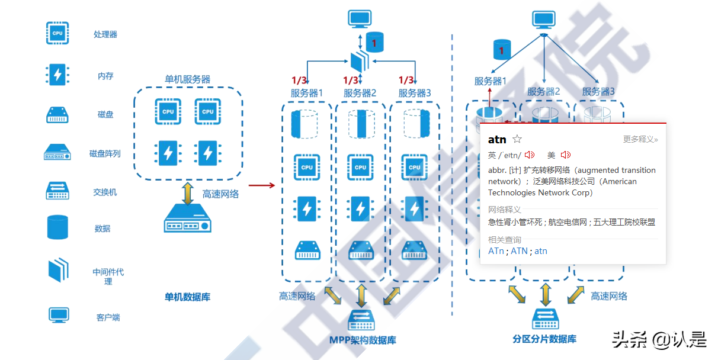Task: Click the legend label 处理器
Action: [x=105, y=34]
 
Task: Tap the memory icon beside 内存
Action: [x=57, y=75]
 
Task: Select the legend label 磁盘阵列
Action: [x=105, y=153]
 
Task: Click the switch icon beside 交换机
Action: [x=57, y=191]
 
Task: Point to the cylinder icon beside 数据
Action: [x=57, y=227]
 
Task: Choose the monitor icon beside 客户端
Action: [x=59, y=315]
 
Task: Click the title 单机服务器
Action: [x=187, y=79]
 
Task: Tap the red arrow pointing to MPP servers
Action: [x=261, y=185]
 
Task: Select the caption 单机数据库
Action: [x=187, y=297]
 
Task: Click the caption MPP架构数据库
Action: [x=363, y=340]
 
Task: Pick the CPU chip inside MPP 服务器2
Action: [x=360, y=167]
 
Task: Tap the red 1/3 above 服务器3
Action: [x=406, y=80]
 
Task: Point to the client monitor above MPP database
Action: [x=360, y=19]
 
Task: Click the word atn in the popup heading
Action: [x=497, y=140]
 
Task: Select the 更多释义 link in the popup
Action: [x=640, y=139]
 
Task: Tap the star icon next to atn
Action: [x=517, y=139]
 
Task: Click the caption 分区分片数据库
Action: [x=544, y=339]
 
